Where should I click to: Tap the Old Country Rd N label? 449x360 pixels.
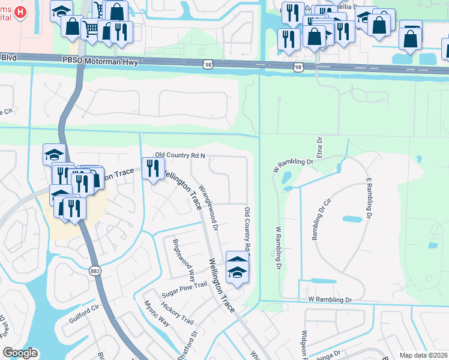pos(181,156)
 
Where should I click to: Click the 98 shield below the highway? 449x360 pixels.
pos(298,68)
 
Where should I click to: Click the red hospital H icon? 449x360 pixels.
pos(21,11)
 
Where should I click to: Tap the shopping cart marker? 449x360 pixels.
pos(90,28)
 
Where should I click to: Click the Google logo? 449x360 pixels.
pos(20,353)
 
